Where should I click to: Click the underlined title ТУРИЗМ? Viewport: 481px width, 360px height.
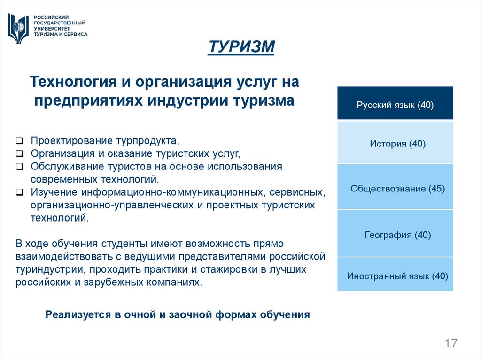tap(241, 47)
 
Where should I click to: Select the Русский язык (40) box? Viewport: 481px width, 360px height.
tap(395, 104)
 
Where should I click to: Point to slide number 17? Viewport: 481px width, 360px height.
tap(451, 343)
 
